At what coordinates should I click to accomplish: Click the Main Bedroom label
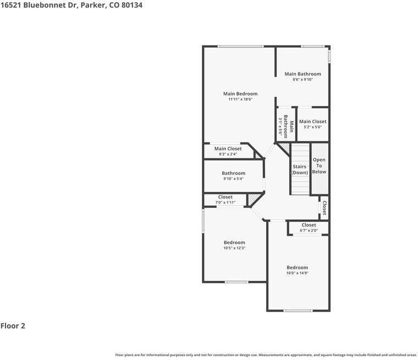click(240, 93)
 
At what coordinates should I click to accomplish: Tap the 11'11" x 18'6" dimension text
click(240, 99)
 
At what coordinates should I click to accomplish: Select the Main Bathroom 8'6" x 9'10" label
click(302, 76)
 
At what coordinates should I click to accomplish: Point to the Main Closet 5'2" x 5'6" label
click(312, 124)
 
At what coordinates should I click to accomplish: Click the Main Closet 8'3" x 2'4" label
click(228, 151)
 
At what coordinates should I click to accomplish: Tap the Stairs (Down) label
click(299, 169)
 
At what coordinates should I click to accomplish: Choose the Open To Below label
click(319, 165)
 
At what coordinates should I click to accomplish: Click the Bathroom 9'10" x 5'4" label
click(233, 176)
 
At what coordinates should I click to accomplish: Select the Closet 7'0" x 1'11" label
click(225, 200)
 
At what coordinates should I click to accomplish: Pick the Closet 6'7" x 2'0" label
click(309, 228)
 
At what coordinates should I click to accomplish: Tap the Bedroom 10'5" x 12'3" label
click(234, 245)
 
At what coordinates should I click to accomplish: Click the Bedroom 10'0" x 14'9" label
click(297, 270)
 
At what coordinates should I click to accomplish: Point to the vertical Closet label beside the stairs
click(324, 208)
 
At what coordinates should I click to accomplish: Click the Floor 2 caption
click(13, 325)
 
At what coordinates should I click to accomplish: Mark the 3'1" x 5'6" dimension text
click(280, 126)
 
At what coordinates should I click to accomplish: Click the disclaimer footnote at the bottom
click(266, 355)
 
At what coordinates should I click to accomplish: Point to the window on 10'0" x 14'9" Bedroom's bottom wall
click(298, 311)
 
